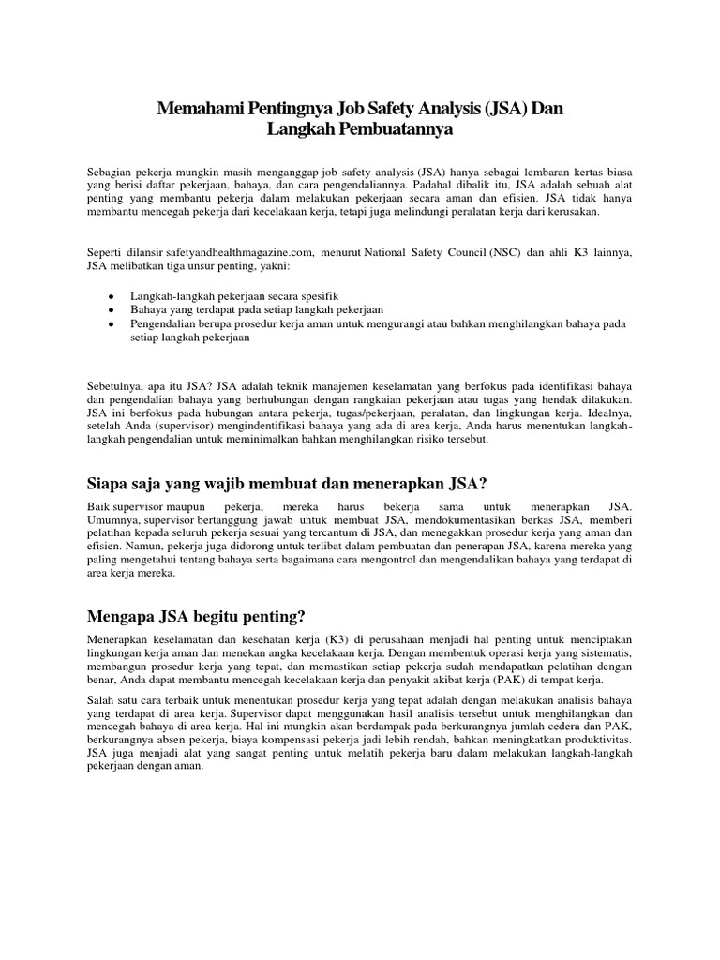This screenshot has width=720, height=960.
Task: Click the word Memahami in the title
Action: [201, 110]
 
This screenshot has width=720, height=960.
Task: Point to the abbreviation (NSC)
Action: [504, 250]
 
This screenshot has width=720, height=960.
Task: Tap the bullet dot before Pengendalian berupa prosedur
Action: [111, 323]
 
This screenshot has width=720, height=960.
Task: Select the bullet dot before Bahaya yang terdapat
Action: [111, 309]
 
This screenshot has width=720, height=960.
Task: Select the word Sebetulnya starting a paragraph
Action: [118, 385]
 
